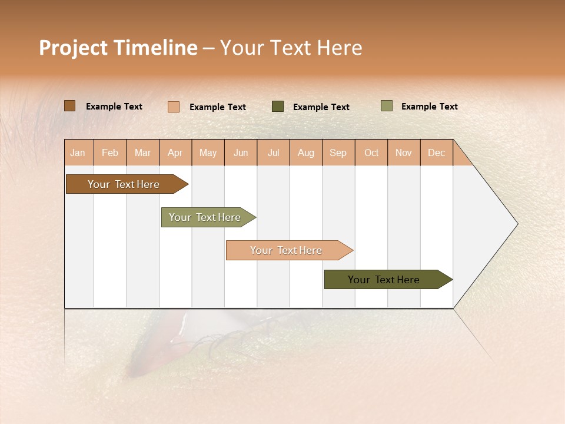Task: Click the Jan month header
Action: [x=78, y=153]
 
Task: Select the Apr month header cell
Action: [x=175, y=153]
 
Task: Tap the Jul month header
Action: [x=273, y=153]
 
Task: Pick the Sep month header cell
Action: [x=338, y=153]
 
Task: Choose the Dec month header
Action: [x=436, y=153]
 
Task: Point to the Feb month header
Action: [x=110, y=153]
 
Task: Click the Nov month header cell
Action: [x=404, y=153]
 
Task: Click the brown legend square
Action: [x=69, y=106]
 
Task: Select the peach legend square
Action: [x=174, y=107]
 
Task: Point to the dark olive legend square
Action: [x=278, y=107]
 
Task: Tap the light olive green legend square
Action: [x=387, y=106]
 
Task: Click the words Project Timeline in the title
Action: [x=118, y=48]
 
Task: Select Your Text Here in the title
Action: [x=291, y=48]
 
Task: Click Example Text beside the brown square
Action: [x=114, y=107]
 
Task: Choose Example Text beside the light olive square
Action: [x=429, y=107]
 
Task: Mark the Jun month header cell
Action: [x=241, y=153]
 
